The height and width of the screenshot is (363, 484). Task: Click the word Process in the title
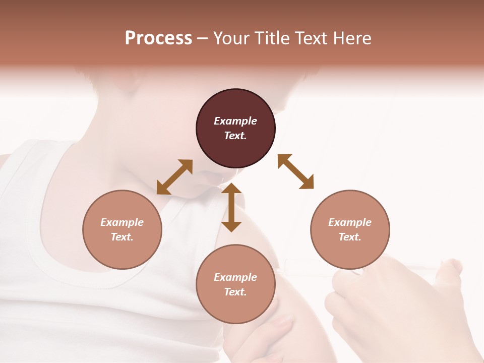158,38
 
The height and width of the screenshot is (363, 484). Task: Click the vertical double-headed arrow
231,207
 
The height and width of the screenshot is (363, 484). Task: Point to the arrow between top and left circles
174,177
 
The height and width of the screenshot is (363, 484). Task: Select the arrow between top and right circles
295,171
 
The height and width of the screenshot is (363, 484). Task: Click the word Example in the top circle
235,121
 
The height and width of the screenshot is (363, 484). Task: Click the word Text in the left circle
122,237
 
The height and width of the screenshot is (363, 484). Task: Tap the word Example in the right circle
350,222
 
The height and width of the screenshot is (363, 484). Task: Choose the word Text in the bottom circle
235,292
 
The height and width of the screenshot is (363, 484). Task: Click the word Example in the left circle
122,222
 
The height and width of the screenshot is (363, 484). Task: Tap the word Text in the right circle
350,237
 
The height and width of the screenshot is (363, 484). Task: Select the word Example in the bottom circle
235,277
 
